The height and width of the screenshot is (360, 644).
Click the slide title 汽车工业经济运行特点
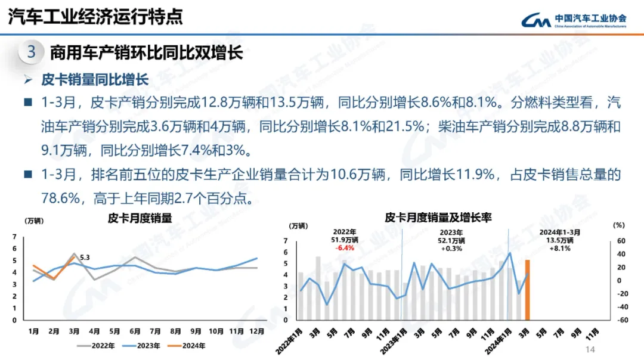click(x=95, y=16)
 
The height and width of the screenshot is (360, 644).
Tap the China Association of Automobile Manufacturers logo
click(x=573, y=21)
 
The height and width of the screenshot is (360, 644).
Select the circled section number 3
click(x=32, y=52)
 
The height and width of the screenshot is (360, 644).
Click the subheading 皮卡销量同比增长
click(x=94, y=79)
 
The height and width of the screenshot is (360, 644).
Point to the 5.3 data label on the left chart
click(x=85, y=257)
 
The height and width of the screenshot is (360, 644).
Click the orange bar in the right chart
click(x=527, y=289)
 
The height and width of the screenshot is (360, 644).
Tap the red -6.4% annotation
click(x=345, y=248)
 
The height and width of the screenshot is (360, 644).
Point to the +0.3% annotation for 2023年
click(x=452, y=248)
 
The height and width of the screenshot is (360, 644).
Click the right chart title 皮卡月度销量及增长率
click(x=438, y=218)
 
